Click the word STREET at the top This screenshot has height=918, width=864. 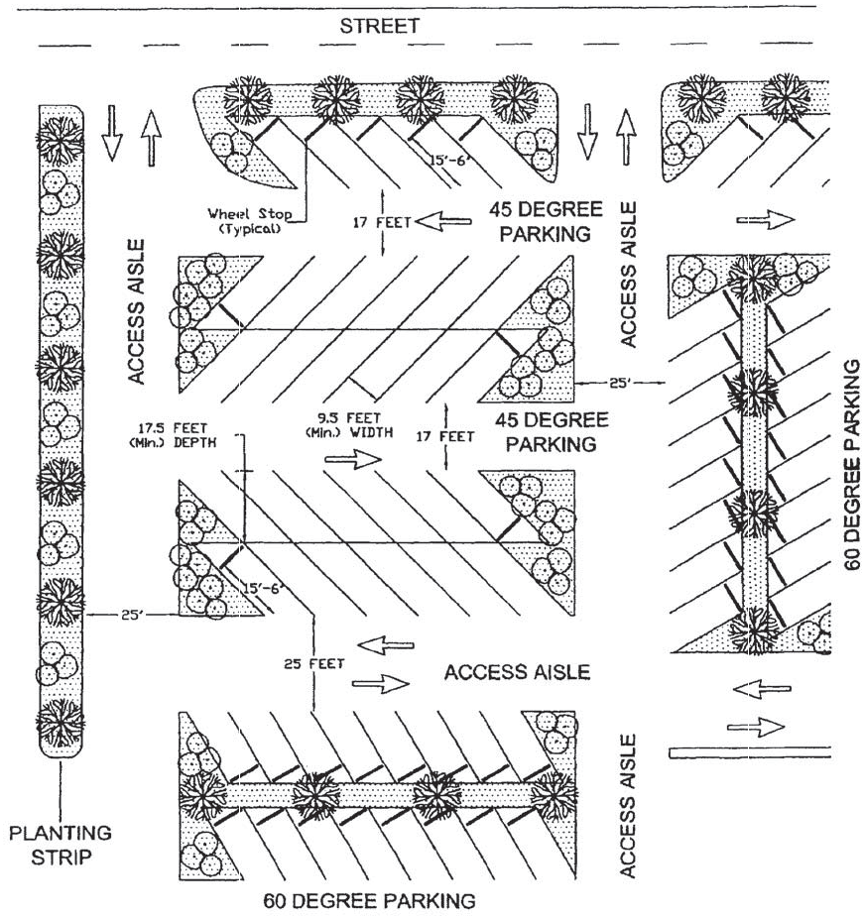pos(378,27)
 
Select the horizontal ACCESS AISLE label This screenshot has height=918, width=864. pos(517,673)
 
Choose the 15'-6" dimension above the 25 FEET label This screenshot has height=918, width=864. pos(263,588)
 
